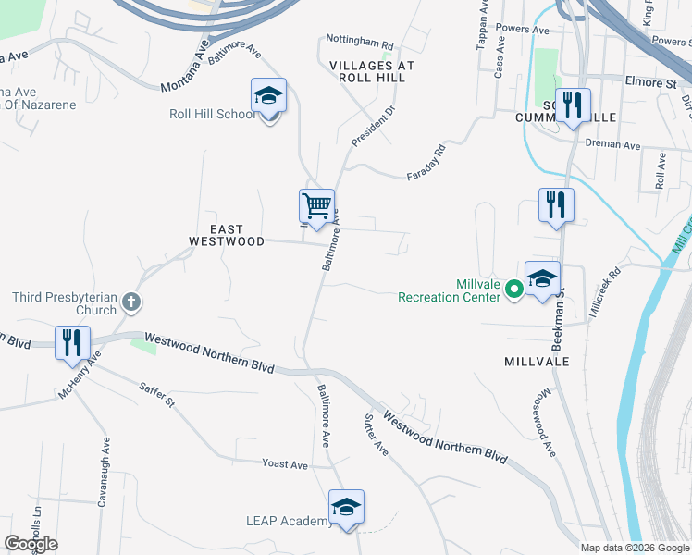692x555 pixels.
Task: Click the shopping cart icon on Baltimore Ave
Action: [x=316, y=206]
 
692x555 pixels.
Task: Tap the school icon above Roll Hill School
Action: [x=268, y=96]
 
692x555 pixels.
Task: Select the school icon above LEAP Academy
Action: [x=346, y=507]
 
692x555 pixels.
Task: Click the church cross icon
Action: [x=131, y=302]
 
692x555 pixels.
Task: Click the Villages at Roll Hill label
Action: [x=373, y=72]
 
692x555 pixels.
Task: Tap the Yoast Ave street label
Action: [x=284, y=464]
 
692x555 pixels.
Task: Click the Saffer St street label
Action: [x=156, y=395]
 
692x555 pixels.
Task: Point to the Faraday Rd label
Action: [x=426, y=162]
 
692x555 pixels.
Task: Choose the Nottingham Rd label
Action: [x=360, y=43]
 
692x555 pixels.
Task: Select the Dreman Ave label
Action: [x=614, y=145]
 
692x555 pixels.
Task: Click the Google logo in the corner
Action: [x=31, y=544]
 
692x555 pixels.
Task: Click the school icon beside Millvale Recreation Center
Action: [x=542, y=278]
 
